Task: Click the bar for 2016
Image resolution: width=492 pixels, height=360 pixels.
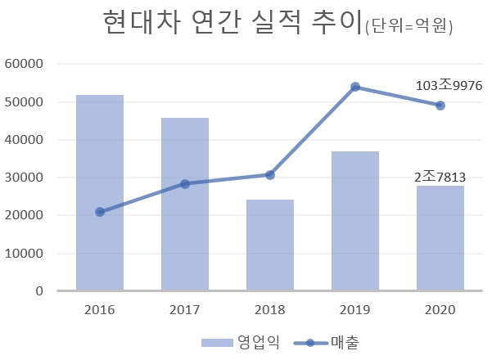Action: pyautogui.click(x=100, y=192)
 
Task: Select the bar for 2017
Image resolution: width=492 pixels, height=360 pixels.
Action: pyautogui.click(x=185, y=204)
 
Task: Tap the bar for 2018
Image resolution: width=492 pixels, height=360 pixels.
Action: pyautogui.click(x=270, y=245)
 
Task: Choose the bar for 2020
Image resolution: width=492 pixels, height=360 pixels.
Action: pyautogui.click(x=440, y=238)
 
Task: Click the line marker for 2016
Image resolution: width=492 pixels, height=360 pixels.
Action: pyautogui.click(x=100, y=212)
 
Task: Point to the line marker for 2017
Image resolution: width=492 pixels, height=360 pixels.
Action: pyautogui.click(x=185, y=184)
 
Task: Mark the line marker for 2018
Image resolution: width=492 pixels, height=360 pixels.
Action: pyautogui.click(x=270, y=175)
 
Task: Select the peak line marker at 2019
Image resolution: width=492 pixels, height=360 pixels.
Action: pyautogui.click(x=355, y=87)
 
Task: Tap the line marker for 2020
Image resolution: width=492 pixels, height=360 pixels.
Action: pyautogui.click(x=440, y=106)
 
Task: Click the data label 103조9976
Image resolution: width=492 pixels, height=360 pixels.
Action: pyautogui.click(x=449, y=85)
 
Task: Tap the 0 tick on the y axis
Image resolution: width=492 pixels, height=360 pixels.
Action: pyautogui.click(x=38, y=291)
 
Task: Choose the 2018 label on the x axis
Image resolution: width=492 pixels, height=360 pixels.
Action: pyautogui.click(x=270, y=310)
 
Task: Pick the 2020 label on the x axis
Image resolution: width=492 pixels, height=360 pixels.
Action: pyautogui.click(x=440, y=310)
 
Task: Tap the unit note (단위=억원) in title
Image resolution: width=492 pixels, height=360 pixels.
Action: pyautogui.click(x=410, y=27)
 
